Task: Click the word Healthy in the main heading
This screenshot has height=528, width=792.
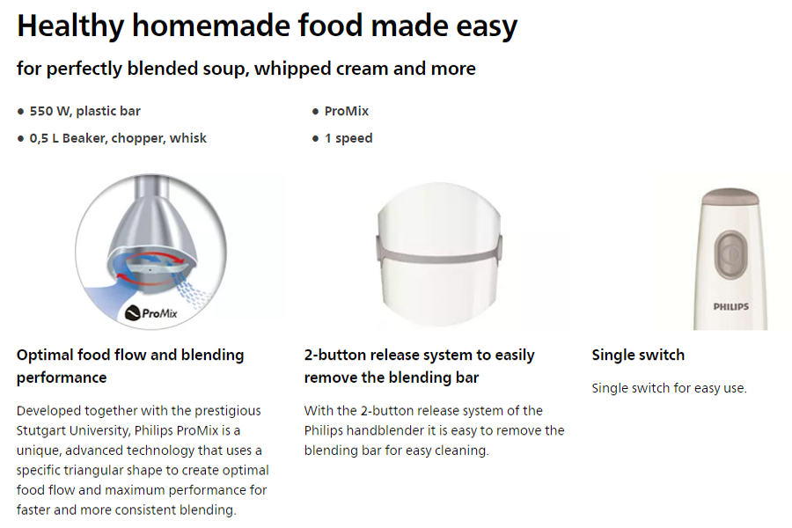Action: pyautogui.click(x=70, y=26)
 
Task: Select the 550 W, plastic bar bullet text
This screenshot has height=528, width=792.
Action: pyautogui.click(x=84, y=111)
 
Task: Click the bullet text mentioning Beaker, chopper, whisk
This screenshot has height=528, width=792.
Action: pyautogui.click(x=118, y=138)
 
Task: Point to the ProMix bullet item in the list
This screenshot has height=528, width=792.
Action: pyautogui.click(x=347, y=111)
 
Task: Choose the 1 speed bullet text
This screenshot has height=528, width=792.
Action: pyautogui.click(x=348, y=138)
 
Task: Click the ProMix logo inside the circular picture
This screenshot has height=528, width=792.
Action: pyautogui.click(x=151, y=313)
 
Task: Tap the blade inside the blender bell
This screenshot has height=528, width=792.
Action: pyautogui.click(x=154, y=268)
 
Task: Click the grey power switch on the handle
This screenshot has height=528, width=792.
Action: pyautogui.click(x=730, y=255)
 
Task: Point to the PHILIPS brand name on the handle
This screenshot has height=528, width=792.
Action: pyautogui.click(x=731, y=307)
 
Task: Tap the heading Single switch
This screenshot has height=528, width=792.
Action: pyautogui.click(x=638, y=355)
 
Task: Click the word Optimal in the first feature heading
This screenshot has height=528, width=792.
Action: pyautogui.click(x=45, y=356)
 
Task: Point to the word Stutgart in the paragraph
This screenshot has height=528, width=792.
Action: pyautogui.click(x=40, y=430)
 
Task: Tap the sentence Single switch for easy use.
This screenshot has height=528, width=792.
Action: pyautogui.click(x=670, y=388)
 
